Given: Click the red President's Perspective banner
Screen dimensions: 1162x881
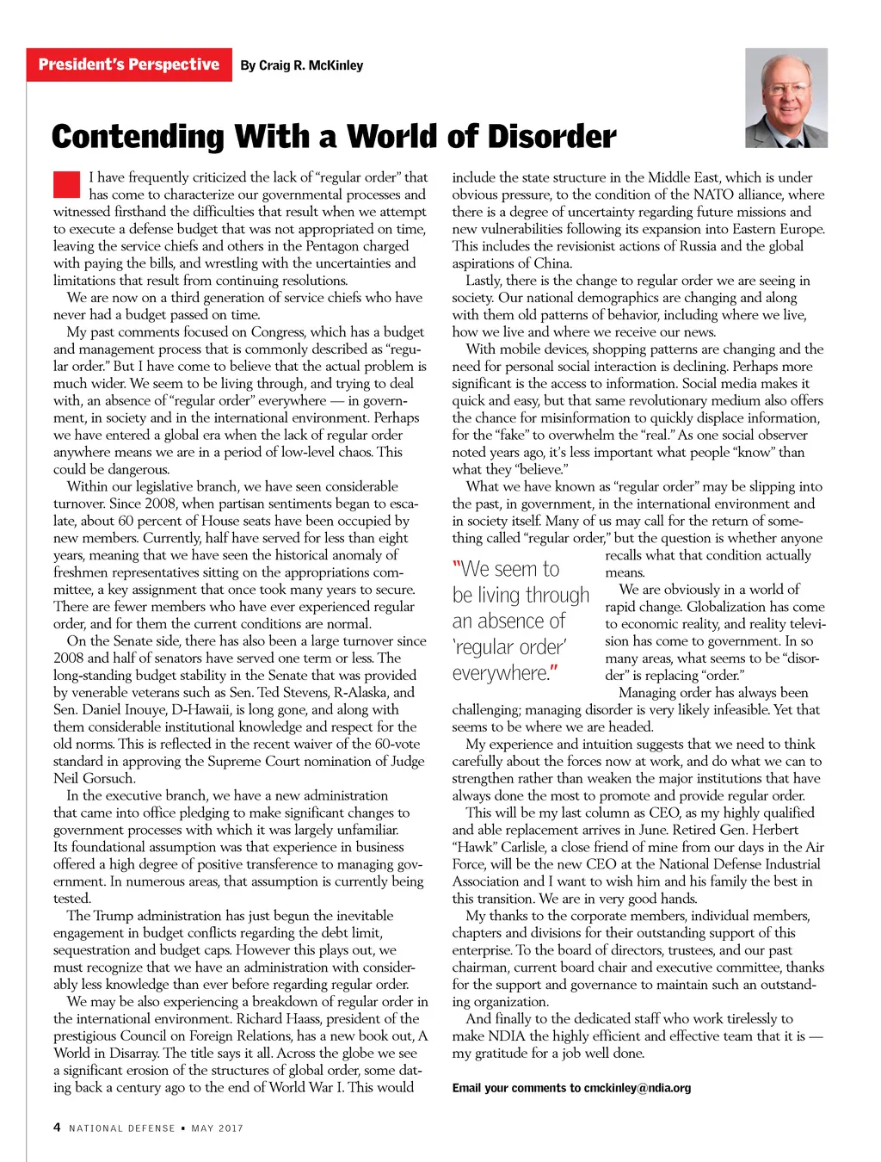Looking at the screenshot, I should [x=129, y=65].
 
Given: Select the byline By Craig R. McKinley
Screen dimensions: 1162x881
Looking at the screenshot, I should [x=301, y=65].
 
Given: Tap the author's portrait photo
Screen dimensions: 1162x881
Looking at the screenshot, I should [x=786, y=98].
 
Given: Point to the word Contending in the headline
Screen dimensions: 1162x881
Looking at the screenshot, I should [x=138, y=137].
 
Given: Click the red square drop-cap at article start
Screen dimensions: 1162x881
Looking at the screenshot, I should [x=66, y=185].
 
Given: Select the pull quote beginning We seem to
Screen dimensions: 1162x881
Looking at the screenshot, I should [x=521, y=621].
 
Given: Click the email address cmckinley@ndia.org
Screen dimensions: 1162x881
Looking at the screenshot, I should [x=637, y=1088].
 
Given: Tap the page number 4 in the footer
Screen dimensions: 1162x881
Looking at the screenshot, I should [x=57, y=1127].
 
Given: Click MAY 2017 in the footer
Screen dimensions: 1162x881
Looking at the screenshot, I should [x=218, y=1128].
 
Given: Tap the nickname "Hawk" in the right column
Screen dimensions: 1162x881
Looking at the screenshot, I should [x=475, y=847].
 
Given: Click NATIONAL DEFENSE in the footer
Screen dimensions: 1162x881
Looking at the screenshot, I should [x=121, y=1128].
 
